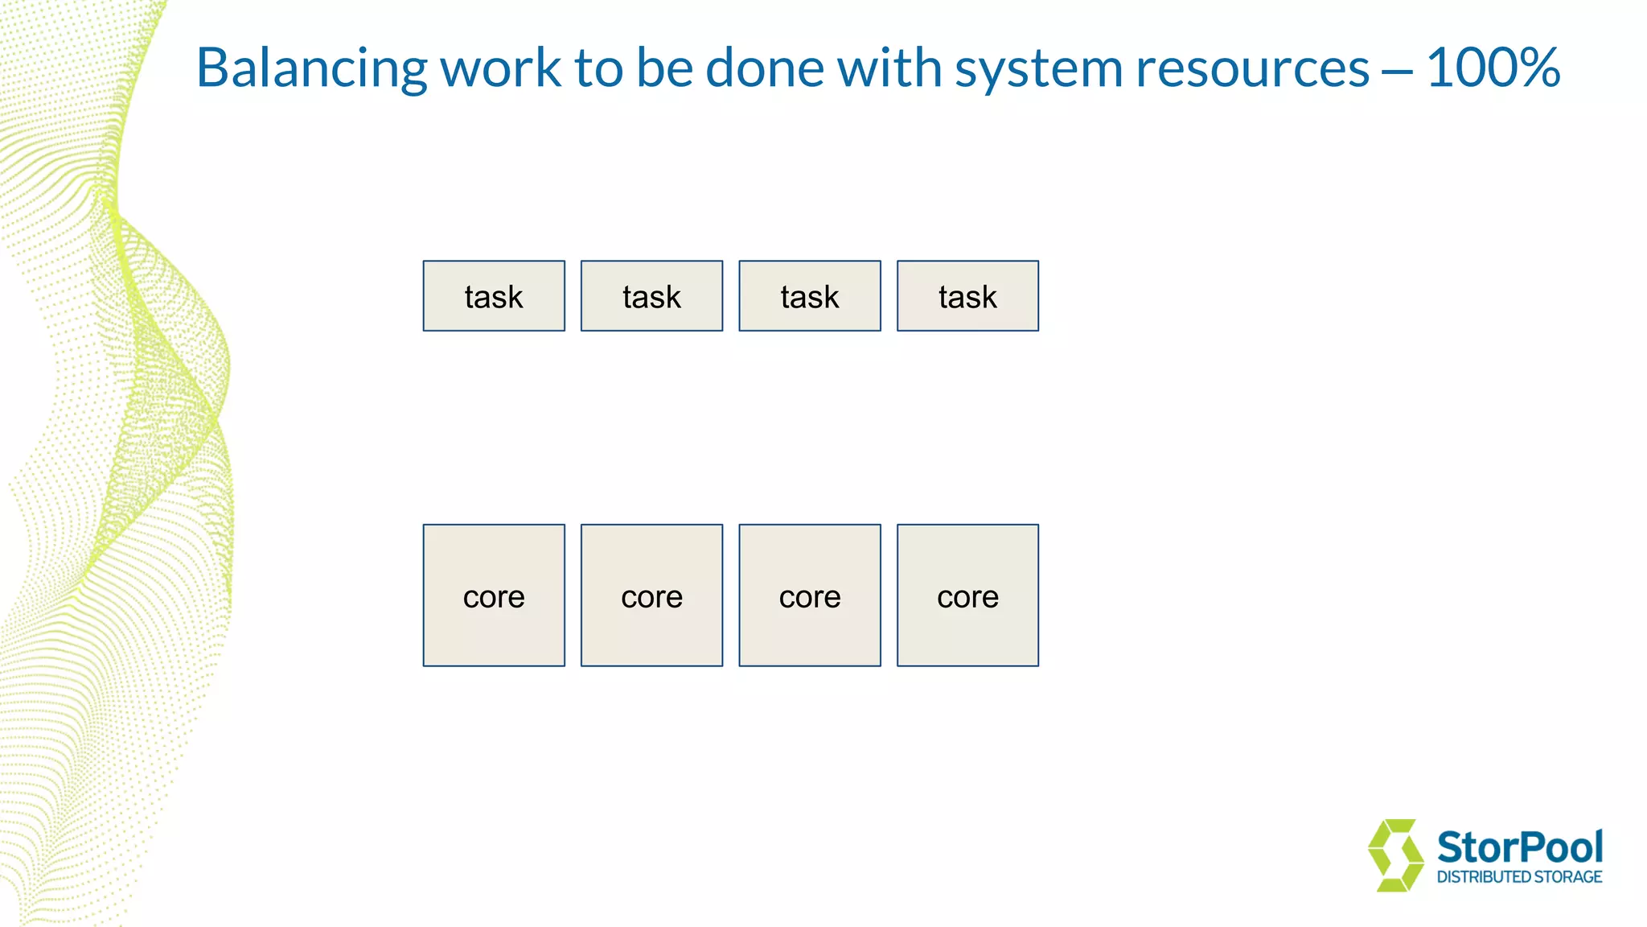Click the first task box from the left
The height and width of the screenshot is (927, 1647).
click(x=494, y=296)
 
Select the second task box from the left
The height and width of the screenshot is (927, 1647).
click(x=651, y=296)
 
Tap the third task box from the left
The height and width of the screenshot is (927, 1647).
click(x=810, y=296)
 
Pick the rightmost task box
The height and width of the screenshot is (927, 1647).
click(x=967, y=296)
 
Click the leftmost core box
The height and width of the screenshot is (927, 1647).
click(x=494, y=595)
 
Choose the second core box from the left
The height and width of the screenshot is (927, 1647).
click(x=651, y=595)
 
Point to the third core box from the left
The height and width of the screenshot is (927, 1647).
click(x=810, y=595)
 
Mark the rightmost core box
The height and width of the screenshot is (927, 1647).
click(x=967, y=595)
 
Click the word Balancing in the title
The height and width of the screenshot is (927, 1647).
click(x=311, y=69)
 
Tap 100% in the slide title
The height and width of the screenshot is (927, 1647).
click(x=1493, y=68)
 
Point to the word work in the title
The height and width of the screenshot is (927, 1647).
click(x=500, y=68)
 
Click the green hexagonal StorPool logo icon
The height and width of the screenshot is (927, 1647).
click(x=1395, y=855)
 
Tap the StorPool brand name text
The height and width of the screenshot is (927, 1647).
click(x=1519, y=847)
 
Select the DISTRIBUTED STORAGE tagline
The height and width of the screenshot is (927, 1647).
click(x=1519, y=877)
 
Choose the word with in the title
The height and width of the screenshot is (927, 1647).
click(x=889, y=68)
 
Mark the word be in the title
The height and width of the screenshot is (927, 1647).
click(x=665, y=68)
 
